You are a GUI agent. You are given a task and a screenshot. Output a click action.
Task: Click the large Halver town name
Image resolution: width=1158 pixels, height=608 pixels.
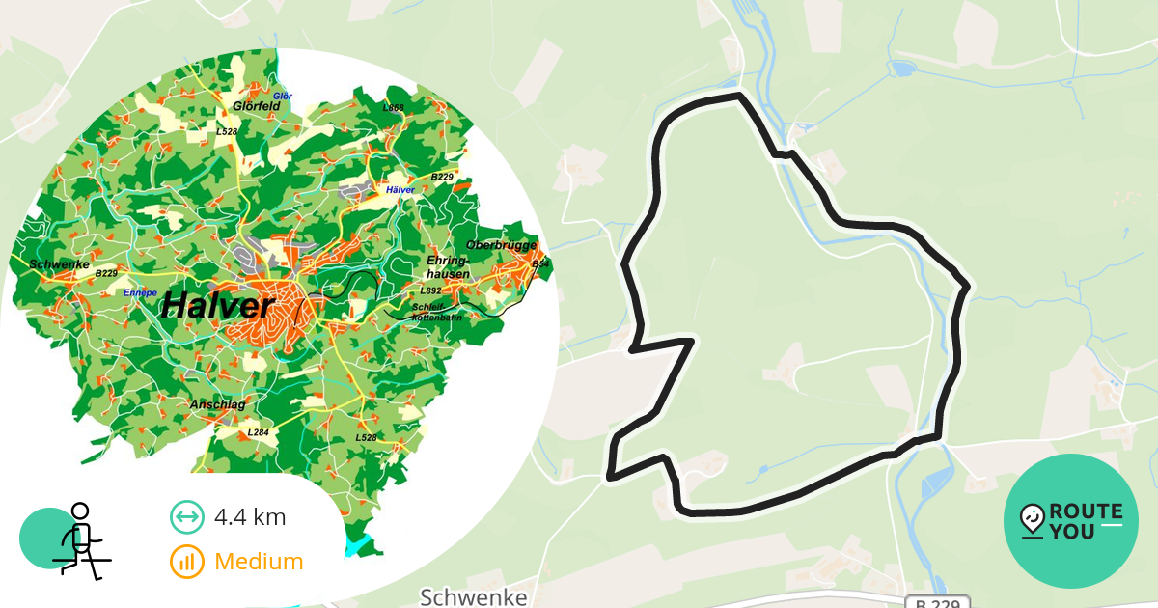(x=218, y=306)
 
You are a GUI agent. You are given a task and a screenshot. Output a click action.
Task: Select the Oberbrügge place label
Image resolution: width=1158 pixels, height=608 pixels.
(x=500, y=245)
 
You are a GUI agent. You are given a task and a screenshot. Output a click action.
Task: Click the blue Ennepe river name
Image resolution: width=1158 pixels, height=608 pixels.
(x=140, y=291)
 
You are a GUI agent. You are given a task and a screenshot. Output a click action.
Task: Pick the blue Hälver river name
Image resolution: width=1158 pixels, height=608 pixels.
(x=400, y=190)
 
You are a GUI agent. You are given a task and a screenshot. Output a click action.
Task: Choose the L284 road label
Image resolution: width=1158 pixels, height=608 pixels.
(x=258, y=432)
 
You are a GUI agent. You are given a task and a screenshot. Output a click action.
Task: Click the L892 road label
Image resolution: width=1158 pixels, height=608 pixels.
(x=430, y=290)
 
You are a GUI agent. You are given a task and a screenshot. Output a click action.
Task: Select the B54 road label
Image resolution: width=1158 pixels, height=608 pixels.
(x=539, y=264)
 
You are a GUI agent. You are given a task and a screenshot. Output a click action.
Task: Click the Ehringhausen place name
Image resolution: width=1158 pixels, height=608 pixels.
(x=448, y=267)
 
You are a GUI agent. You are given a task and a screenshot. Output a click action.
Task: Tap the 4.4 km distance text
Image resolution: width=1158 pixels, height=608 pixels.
(x=250, y=516)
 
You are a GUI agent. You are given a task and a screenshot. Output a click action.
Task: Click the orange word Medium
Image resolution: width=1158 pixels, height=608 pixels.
(x=259, y=561)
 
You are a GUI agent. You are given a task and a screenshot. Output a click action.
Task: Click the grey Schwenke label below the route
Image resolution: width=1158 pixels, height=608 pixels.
(x=474, y=597)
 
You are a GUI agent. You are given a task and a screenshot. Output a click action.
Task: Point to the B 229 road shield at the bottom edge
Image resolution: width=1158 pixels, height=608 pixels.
(x=936, y=602)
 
